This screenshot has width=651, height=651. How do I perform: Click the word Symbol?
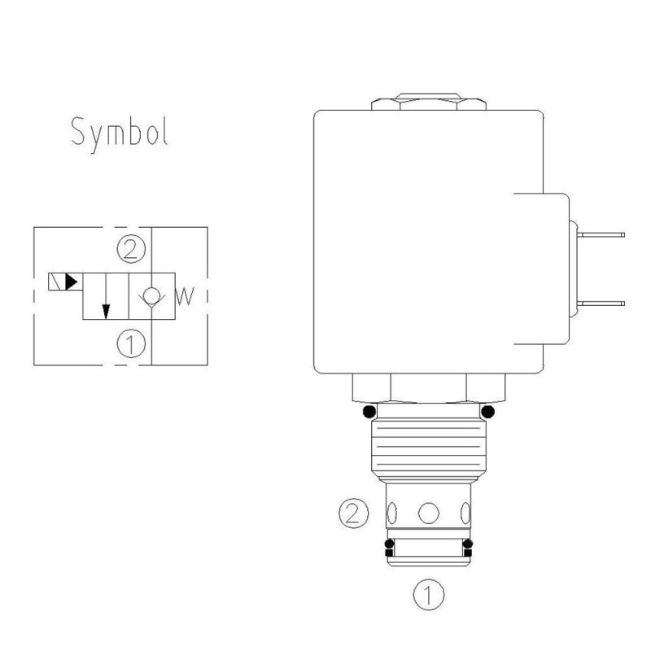click(120, 132)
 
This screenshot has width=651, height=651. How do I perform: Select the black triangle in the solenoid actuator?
click(72, 282)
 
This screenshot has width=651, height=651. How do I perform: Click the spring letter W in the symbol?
click(185, 295)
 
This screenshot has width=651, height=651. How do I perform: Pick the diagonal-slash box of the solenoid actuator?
click(56, 282)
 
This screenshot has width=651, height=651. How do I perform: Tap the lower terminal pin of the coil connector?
click(602, 302)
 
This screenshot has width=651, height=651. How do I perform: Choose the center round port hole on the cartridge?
click(428, 513)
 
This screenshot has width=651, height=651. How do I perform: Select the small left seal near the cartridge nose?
click(389, 544)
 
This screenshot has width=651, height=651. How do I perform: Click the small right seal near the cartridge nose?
click(467, 544)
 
